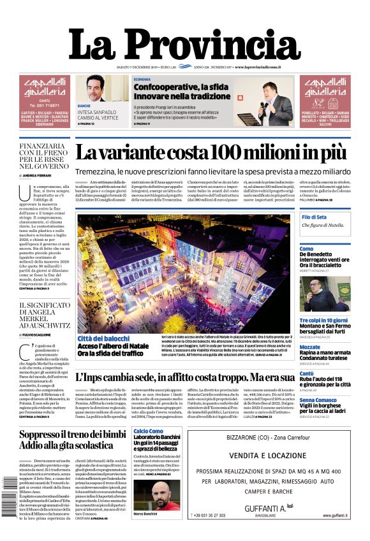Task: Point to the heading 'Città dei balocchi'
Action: click(x=103, y=338)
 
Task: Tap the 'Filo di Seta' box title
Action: click(x=314, y=217)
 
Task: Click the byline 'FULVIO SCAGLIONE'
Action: click(x=42, y=335)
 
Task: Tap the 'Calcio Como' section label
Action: click(x=148, y=431)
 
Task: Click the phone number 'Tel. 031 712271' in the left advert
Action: click(x=45, y=106)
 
